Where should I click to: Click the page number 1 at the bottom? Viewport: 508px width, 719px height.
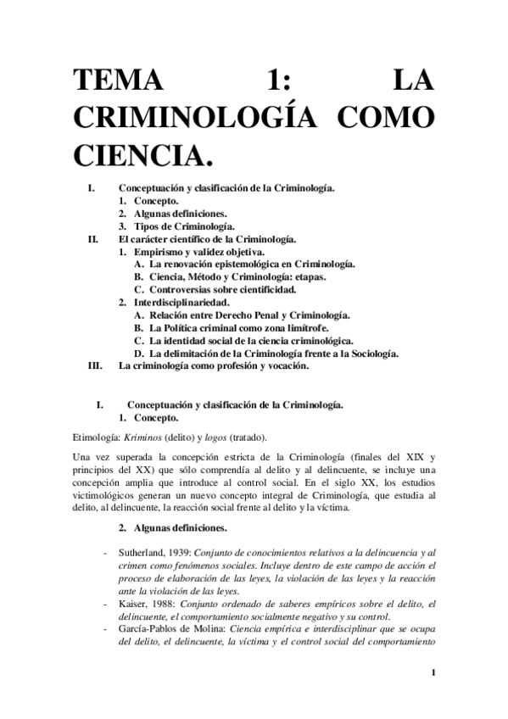[x=433, y=674]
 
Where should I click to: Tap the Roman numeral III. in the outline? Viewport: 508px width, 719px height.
[x=95, y=366]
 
